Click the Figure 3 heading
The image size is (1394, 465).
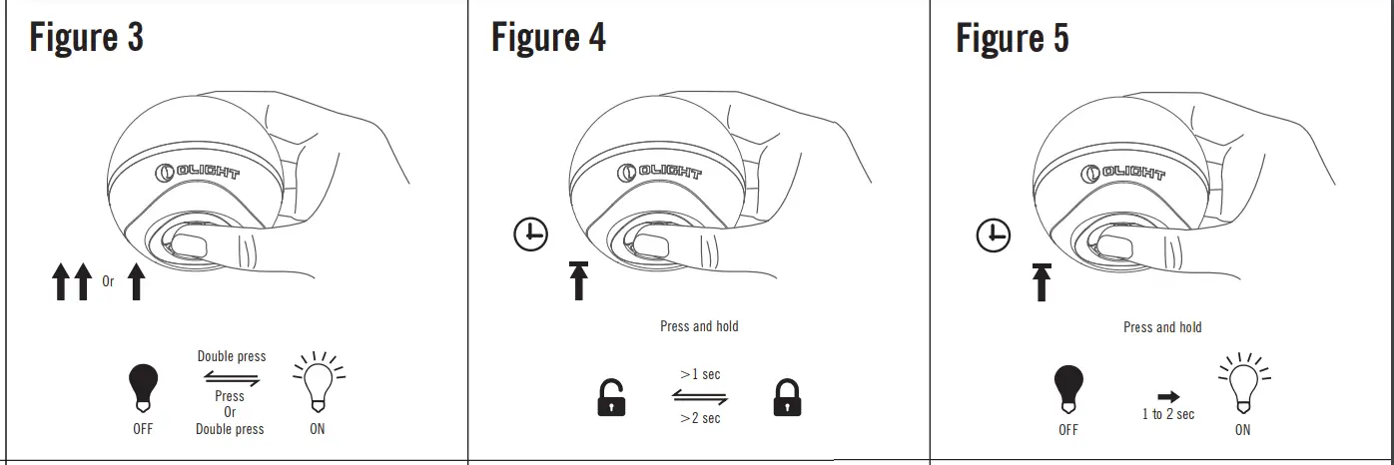(x=87, y=38)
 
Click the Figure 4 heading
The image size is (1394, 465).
(x=548, y=38)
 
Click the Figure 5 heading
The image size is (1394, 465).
(x=1013, y=38)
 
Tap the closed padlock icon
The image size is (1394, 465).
(x=787, y=398)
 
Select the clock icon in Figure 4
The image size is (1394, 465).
(x=530, y=234)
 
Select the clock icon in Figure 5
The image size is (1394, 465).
(x=993, y=235)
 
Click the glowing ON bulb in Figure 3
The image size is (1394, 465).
(x=318, y=384)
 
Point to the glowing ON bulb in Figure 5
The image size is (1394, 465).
(x=1242, y=385)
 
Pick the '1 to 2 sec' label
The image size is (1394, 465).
(x=1168, y=414)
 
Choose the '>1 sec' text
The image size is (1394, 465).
(x=700, y=374)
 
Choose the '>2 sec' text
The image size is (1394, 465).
(x=700, y=418)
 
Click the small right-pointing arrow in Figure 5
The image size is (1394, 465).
(x=1167, y=396)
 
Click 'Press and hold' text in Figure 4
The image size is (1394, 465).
(x=699, y=326)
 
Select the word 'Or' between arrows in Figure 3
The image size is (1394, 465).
(x=108, y=281)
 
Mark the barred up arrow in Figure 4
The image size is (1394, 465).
(x=578, y=278)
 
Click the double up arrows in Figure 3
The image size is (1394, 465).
(x=71, y=281)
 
